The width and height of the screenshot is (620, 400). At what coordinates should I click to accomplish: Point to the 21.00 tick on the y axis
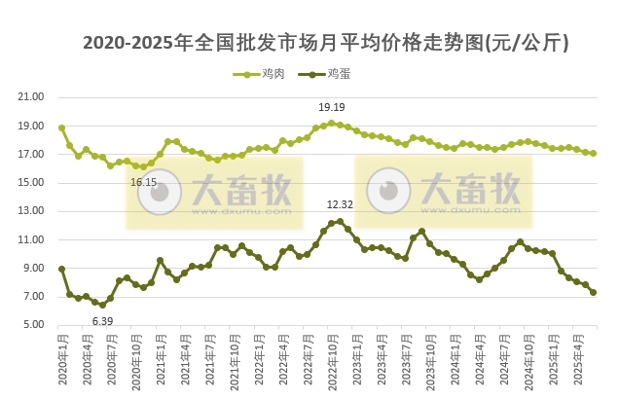(x=32, y=97)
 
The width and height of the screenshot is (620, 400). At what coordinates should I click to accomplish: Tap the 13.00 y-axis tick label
(x=32, y=211)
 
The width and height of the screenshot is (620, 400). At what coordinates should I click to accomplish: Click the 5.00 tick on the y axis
(x=32, y=325)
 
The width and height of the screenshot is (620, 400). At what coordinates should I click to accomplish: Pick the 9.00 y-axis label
(x=32, y=269)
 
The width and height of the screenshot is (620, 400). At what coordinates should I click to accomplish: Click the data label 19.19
(x=333, y=106)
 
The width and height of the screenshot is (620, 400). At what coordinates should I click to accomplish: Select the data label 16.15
(x=143, y=182)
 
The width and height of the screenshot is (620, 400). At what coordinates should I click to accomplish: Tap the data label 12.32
(x=340, y=205)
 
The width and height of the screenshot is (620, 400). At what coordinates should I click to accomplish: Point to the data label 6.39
(x=102, y=320)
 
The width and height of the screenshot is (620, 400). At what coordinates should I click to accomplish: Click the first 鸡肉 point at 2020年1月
(x=61, y=127)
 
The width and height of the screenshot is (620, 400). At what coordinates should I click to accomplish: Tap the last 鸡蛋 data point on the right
(x=593, y=292)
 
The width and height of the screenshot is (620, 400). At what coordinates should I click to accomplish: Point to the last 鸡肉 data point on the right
(x=593, y=153)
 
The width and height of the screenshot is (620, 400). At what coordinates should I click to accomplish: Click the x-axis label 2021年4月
(x=184, y=361)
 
